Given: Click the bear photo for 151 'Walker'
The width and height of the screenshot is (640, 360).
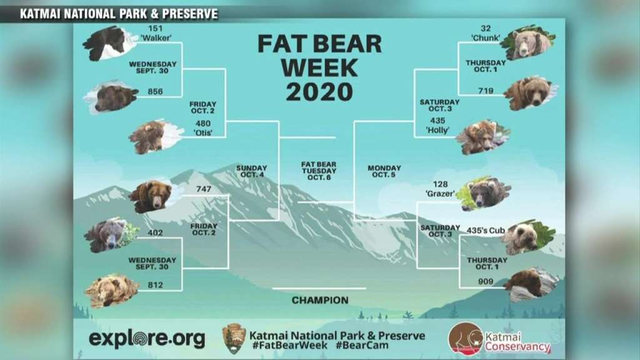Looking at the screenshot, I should point(107,42).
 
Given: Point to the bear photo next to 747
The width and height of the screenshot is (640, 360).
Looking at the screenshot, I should point(151,196).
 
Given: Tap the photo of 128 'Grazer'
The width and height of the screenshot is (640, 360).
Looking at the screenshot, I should point(486,193).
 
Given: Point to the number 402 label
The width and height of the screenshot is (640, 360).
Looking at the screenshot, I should point(155,233).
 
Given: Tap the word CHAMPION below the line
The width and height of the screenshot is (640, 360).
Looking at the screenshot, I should point(320,300).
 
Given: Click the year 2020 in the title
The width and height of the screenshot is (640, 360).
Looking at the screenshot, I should point(319,92).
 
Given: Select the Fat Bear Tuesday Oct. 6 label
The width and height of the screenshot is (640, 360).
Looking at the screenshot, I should point(319,171).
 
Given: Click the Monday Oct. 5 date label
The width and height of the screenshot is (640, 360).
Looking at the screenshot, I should point(384,171).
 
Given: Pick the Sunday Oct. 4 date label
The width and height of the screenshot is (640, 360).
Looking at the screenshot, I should point(252,171).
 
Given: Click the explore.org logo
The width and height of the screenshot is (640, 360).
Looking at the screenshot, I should point(147,339).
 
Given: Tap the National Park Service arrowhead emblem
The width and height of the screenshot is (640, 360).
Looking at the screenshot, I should point(234,338).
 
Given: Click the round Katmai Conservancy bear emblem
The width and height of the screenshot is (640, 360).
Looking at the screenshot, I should point(465,338).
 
